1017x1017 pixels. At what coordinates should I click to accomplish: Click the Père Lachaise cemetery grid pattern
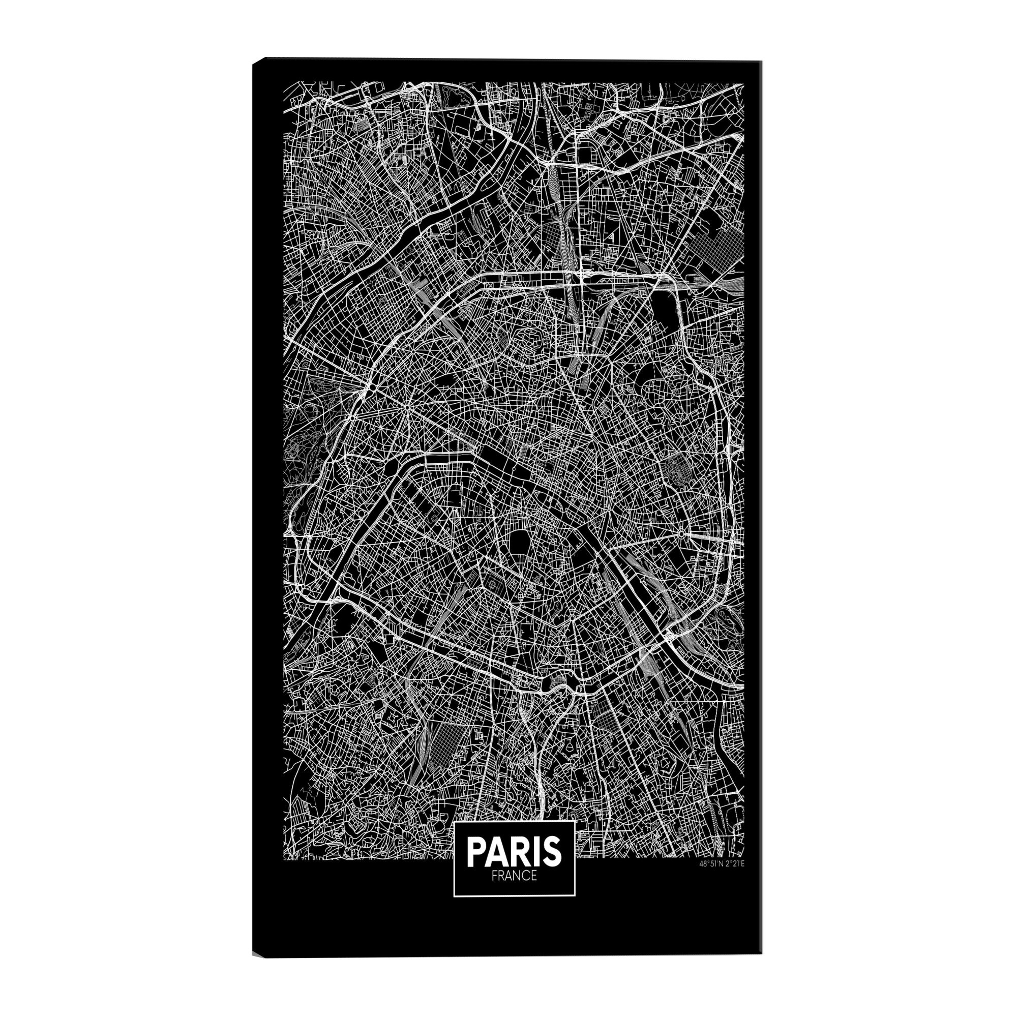[x=675, y=470]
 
